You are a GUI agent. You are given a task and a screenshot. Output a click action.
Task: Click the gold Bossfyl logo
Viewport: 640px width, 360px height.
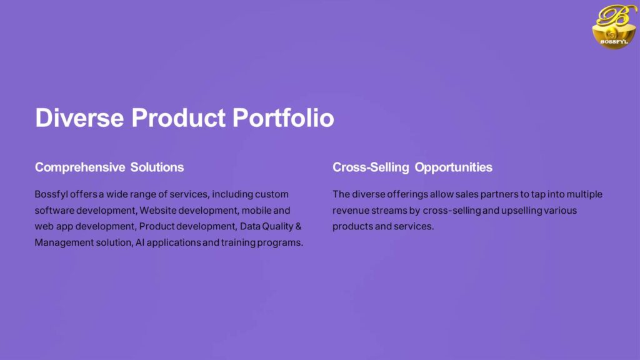pyautogui.click(x=614, y=26)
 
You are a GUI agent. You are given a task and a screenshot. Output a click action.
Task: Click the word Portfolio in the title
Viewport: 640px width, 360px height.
pyautogui.click(x=283, y=118)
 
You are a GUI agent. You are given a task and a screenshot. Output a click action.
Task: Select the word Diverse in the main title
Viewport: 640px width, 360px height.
pyautogui.click(x=79, y=118)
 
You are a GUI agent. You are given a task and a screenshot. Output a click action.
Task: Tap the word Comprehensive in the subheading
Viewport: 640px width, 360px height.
pyautogui.click(x=80, y=167)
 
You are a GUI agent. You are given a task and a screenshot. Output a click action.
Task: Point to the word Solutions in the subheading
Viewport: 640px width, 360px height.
pyautogui.click(x=157, y=167)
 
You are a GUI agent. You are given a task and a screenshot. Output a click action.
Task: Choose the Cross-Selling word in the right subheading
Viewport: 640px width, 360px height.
pyautogui.click(x=371, y=167)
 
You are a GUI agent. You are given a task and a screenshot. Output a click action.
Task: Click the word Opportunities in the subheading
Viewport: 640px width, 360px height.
pyautogui.click(x=454, y=167)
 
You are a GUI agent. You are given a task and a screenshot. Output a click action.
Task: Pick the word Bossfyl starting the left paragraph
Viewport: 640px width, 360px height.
pyautogui.click(x=51, y=194)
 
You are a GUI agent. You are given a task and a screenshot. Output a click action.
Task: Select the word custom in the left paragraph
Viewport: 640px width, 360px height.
pyautogui.click(x=272, y=194)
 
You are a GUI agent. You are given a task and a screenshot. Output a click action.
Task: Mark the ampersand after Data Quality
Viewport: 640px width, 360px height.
pyautogui.click(x=298, y=226)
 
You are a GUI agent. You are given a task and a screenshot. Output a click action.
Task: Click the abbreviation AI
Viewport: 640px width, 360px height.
pyautogui.click(x=140, y=242)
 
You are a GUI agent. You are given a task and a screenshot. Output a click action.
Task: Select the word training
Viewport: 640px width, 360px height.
pyautogui.click(x=238, y=243)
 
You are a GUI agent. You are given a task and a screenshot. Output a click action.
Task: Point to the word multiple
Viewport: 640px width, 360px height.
pyautogui.click(x=584, y=195)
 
